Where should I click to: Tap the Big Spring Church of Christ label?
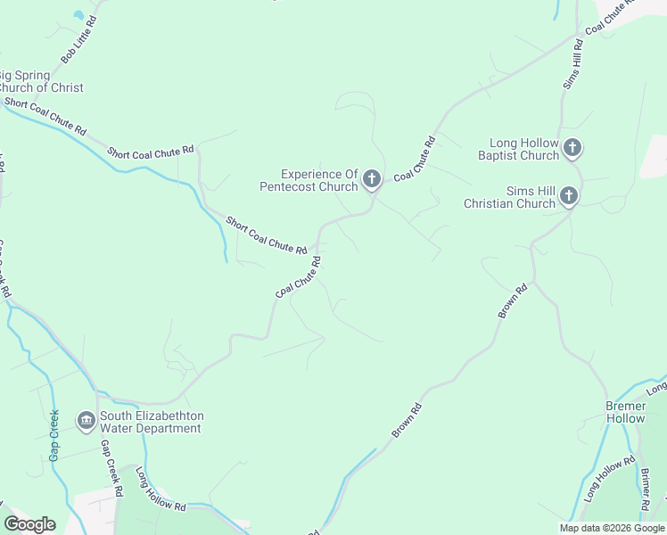[x=41, y=81]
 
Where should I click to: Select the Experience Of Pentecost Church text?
[x=308, y=180]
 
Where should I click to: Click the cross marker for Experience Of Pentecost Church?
[x=372, y=180]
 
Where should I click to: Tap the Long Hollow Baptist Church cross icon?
[x=572, y=148]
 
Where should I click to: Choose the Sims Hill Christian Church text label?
[x=509, y=197]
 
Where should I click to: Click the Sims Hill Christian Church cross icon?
[x=569, y=197]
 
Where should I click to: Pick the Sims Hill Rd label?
[x=572, y=63]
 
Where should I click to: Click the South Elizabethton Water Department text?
[x=152, y=422]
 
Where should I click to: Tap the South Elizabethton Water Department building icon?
[x=86, y=421]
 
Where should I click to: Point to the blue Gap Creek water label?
[x=54, y=435]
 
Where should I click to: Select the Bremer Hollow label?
[x=625, y=412]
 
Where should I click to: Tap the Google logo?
[x=29, y=524]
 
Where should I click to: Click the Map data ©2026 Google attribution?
[x=613, y=528]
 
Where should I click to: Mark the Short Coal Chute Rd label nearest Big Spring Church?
[x=45, y=117]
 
